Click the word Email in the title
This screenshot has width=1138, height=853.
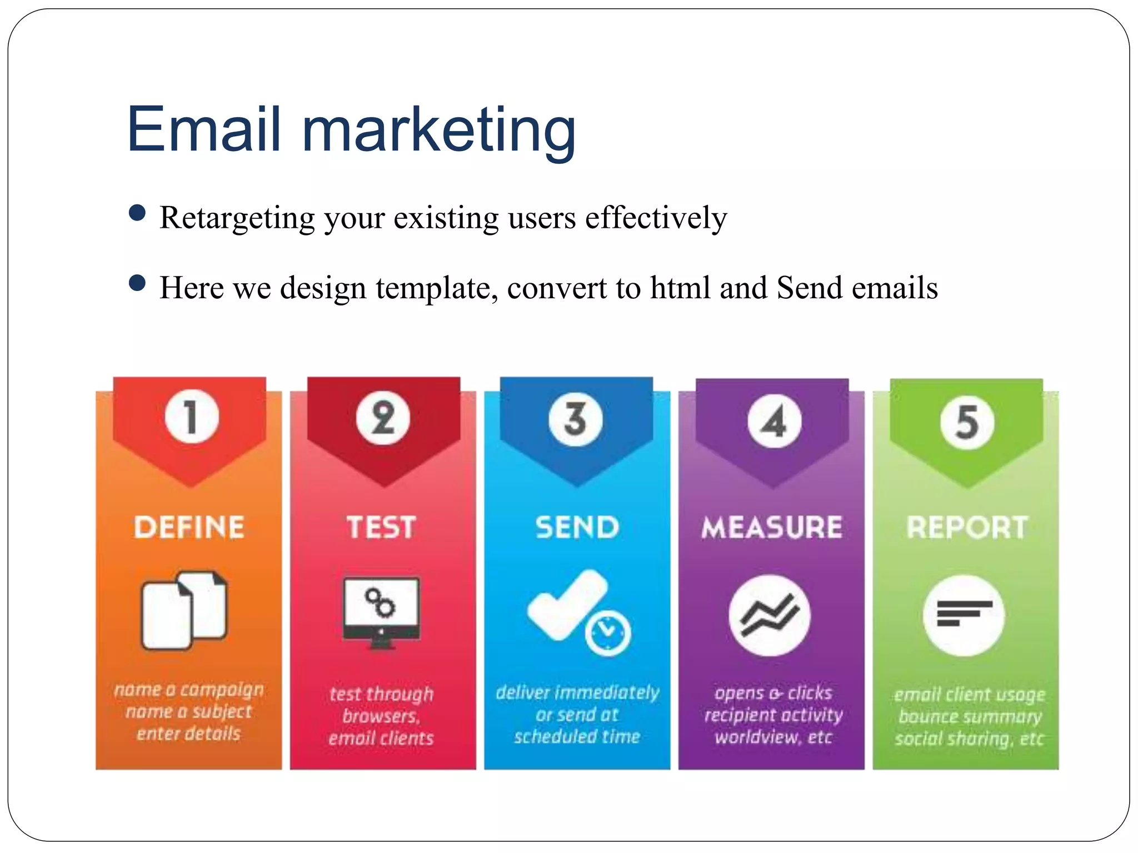pos(203,130)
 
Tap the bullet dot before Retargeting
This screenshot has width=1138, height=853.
pos(137,213)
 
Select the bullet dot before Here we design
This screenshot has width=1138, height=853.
pos(137,283)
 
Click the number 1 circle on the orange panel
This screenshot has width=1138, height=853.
pos(191,417)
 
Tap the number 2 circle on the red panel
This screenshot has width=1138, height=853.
pos(383,418)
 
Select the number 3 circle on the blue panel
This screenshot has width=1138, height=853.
pos(576,419)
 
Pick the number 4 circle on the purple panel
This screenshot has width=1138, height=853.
pos(774,421)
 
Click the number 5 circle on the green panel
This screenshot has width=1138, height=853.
pos(967,422)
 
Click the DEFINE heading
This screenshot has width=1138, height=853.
pos(189,527)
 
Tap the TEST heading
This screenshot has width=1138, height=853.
pos(381,527)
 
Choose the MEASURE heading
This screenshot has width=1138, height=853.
pos(772,527)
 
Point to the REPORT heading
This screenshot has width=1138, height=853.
pos(967,527)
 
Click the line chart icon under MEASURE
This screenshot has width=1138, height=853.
pos(770,615)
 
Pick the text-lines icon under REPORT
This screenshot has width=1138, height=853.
pos(964,615)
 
